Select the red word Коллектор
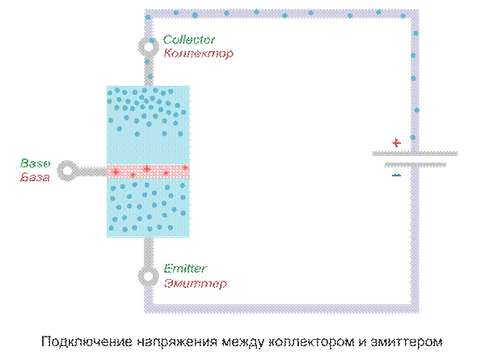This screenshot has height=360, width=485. coord(198,53)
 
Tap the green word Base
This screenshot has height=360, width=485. coord(35,163)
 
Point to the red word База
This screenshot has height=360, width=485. coord(35,176)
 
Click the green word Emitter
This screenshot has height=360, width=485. coord(184,269)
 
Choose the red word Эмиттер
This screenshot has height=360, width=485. coord(194,283)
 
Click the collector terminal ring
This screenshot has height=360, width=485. coord(149,47)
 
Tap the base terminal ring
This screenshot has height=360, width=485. coord(67,171)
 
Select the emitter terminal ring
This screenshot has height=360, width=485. coord(149,276)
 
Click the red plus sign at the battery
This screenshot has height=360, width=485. coord(396,143)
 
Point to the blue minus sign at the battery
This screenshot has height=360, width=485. coord(396,174)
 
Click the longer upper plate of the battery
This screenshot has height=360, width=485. coord(415,153)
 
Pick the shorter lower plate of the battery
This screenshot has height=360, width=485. coord(415,164)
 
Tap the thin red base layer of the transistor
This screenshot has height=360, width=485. coord(149,171)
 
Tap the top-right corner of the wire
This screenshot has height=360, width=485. coord(415,14)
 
